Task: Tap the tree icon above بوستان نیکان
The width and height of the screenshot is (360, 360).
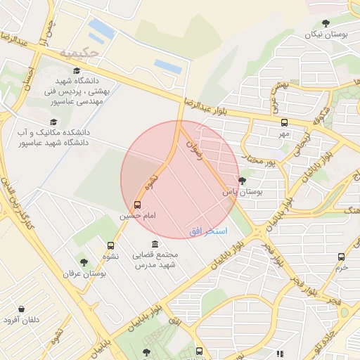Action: [326, 23]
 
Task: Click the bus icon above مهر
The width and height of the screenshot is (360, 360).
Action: [284, 122]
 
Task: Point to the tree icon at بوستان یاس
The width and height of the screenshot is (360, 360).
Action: [243, 181]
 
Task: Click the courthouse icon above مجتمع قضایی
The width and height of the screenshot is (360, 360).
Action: [155, 243]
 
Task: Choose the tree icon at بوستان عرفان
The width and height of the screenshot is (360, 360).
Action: [84, 262]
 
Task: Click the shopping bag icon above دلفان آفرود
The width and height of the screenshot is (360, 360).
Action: [22, 309]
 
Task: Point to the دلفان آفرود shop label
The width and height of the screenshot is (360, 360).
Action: [22, 320]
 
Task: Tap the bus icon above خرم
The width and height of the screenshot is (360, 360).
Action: [342, 257]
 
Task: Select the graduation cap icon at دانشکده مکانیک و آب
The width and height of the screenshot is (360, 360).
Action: [32, 122]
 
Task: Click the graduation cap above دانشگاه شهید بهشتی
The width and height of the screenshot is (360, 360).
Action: [77, 70]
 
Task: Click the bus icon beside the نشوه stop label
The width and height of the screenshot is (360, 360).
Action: [110, 245]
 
